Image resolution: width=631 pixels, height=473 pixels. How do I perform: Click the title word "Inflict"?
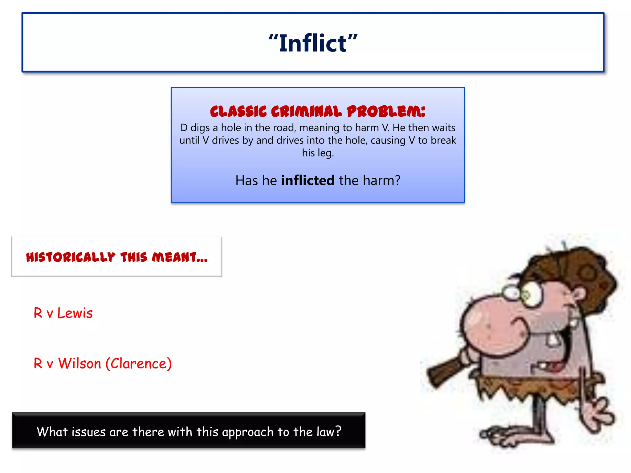[313, 43]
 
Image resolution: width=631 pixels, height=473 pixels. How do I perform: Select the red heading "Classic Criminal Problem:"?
[317, 111]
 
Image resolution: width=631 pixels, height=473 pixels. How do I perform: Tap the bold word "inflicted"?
[307, 180]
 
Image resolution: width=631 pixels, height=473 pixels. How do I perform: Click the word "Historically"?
[71, 257]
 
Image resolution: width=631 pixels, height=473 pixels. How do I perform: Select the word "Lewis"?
[75, 313]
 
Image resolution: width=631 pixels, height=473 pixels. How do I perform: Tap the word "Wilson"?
[79, 364]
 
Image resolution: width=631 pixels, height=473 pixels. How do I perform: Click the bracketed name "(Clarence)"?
[139, 364]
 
